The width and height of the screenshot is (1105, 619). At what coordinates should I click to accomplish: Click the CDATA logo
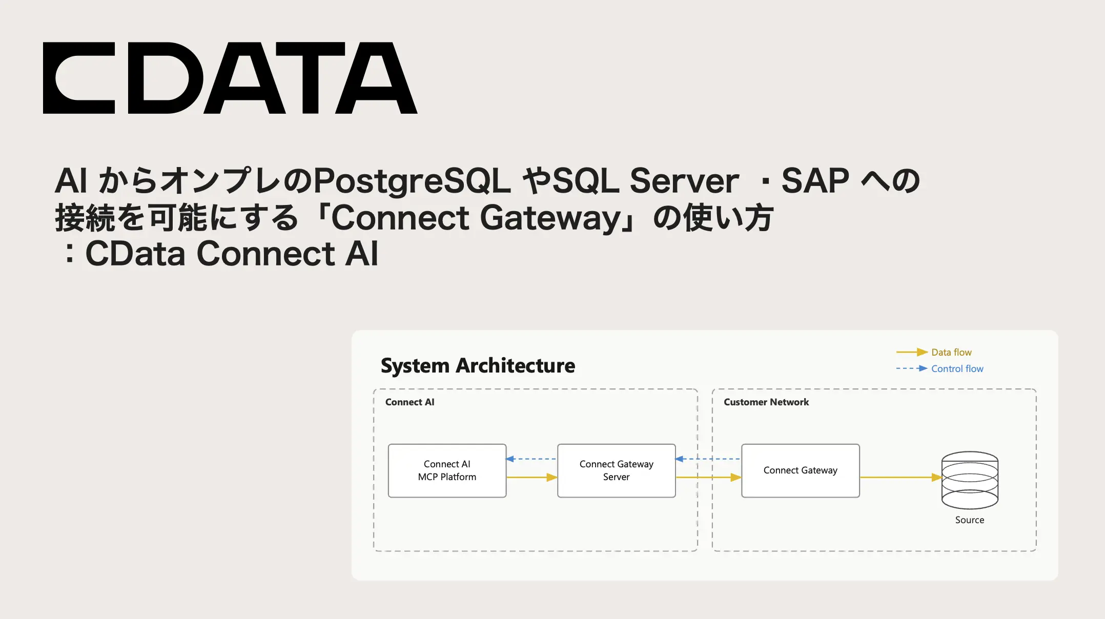pyautogui.click(x=230, y=78)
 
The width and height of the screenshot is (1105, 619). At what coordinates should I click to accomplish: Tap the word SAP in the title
pyautogui.click(x=815, y=181)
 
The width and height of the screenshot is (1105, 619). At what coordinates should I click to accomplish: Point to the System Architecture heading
pyautogui.click(x=478, y=366)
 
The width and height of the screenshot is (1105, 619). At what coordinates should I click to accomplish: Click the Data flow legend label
pyautogui.click(x=951, y=353)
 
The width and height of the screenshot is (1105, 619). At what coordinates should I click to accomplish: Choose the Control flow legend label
pyautogui.click(x=957, y=369)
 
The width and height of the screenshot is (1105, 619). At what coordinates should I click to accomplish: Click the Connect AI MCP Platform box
pyautogui.click(x=447, y=470)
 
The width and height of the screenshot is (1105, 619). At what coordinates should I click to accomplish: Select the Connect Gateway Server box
pyautogui.click(x=616, y=470)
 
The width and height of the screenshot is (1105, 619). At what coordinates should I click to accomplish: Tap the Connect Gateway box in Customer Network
pyautogui.click(x=800, y=470)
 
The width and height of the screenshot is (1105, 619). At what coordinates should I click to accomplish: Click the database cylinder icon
pyautogui.click(x=970, y=480)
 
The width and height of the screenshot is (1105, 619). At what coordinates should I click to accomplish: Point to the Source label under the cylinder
pyautogui.click(x=969, y=520)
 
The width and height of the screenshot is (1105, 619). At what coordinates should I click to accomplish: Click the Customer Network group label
pyautogui.click(x=766, y=402)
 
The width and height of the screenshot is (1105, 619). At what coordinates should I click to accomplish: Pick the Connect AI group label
pyautogui.click(x=410, y=402)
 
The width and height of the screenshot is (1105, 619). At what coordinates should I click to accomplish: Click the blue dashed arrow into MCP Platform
pyautogui.click(x=531, y=459)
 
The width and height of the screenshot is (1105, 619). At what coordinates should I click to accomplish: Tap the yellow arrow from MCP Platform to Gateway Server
pyautogui.click(x=531, y=478)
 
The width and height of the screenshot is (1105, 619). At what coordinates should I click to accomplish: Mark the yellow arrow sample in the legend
pyautogui.click(x=912, y=353)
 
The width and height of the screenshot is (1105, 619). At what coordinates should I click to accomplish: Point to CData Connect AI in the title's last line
pyautogui.click(x=232, y=254)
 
